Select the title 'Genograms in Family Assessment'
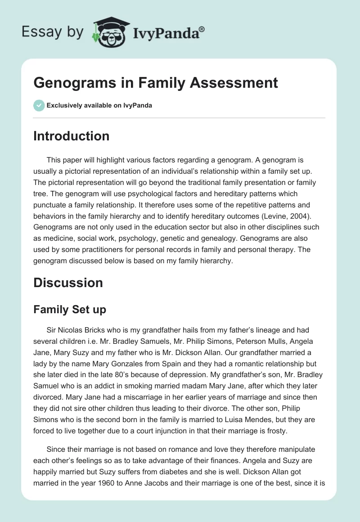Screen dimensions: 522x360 156,83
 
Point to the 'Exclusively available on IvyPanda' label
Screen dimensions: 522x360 99,105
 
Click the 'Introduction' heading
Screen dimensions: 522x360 71,136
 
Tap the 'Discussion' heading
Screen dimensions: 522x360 68,282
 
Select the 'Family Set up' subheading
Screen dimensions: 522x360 69,310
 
